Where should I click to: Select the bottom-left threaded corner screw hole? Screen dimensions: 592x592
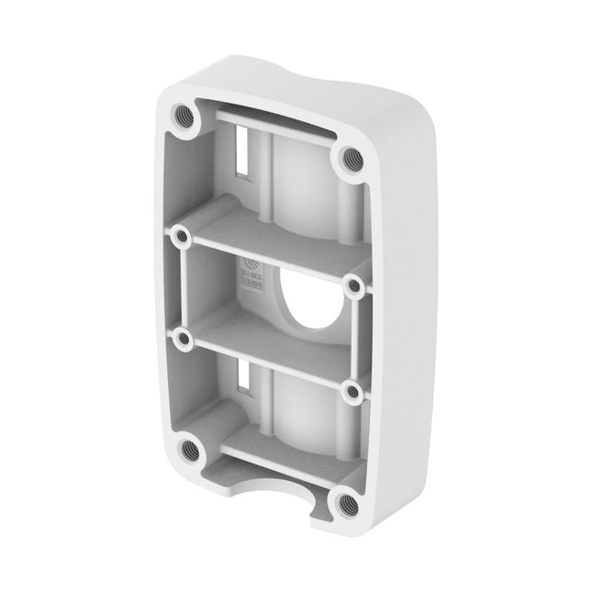pyautogui.click(x=189, y=450)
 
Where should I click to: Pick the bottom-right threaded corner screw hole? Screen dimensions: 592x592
pyautogui.click(x=345, y=501)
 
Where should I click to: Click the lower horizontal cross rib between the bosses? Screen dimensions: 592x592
pyautogui.click(x=266, y=361)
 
